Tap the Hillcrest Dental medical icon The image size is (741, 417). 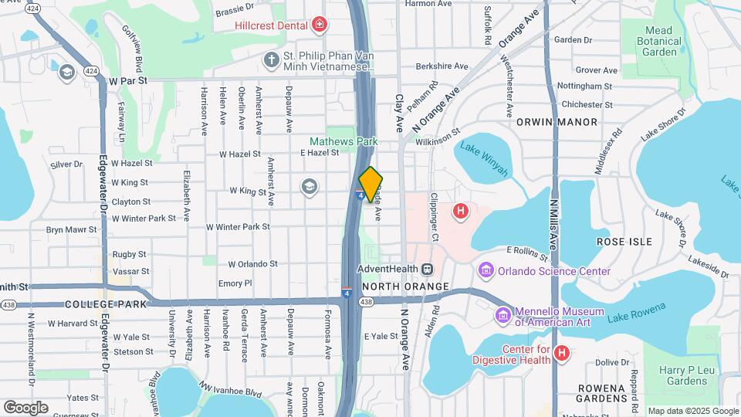(319, 25)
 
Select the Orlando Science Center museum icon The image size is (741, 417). (486, 270)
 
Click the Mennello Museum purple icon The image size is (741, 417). (502, 316)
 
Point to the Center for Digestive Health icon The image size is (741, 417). (562, 353)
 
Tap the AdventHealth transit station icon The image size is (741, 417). (427, 269)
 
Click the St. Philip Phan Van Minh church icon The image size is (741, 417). (270, 59)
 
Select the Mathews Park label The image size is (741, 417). (343, 141)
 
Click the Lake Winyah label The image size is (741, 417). (485, 159)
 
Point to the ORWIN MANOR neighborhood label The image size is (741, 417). (557, 122)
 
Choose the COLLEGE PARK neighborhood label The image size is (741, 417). (106, 304)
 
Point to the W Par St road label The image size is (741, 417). (128, 80)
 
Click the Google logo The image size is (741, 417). (25, 407)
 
